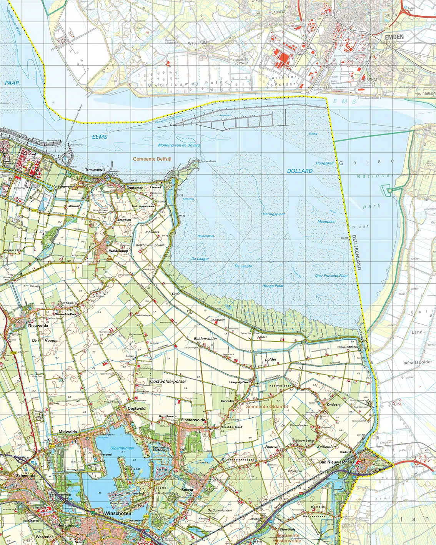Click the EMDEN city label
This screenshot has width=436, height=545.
click(x=394, y=37)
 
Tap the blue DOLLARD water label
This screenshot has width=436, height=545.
click(x=300, y=171)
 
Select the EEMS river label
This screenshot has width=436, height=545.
click(x=100, y=137)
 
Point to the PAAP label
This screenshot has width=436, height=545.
click(x=12, y=83)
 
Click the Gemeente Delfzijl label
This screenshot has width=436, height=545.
click(x=152, y=159)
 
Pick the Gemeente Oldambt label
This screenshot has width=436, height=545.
click(x=267, y=407)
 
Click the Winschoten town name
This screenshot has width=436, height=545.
click(x=118, y=513)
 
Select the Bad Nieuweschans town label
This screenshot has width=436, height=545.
click(x=336, y=462)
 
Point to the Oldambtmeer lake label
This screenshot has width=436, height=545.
click(x=122, y=448)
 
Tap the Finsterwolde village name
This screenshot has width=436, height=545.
click(x=193, y=420)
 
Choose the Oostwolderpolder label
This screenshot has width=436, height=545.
click(x=168, y=381)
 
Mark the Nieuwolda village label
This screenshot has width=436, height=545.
click(x=38, y=326)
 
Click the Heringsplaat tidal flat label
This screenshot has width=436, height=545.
click(x=273, y=214)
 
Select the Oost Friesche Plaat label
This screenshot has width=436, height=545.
click(x=331, y=276)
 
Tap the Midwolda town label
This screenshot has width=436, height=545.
click(x=68, y=432)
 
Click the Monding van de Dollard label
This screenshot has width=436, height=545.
click(x=179, y=145)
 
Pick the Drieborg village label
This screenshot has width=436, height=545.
click(x=334, y=404)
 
